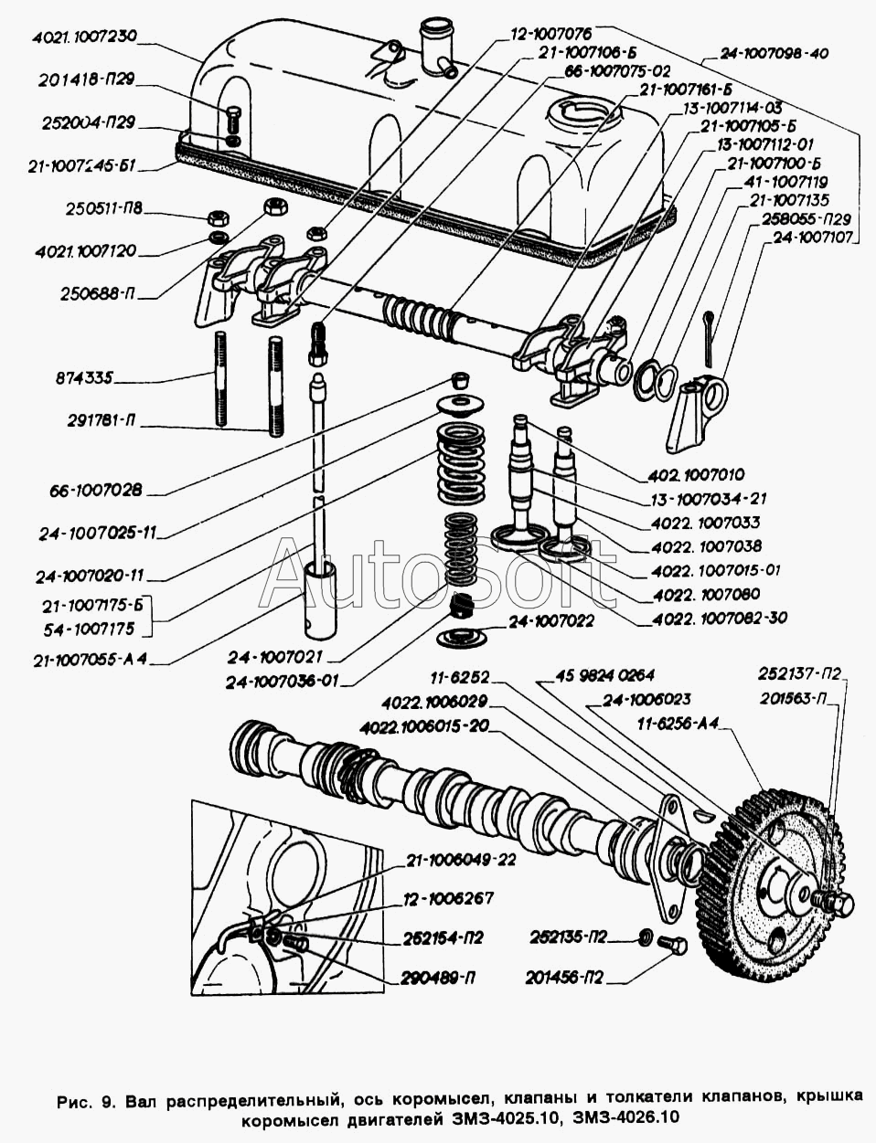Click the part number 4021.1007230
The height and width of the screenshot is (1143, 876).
tap(83, 37)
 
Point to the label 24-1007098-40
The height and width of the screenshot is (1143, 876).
tap(774, 53)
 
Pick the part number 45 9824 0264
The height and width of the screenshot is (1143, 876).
tap(606, 676)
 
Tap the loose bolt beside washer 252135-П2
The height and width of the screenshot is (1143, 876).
tap(674, 947)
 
